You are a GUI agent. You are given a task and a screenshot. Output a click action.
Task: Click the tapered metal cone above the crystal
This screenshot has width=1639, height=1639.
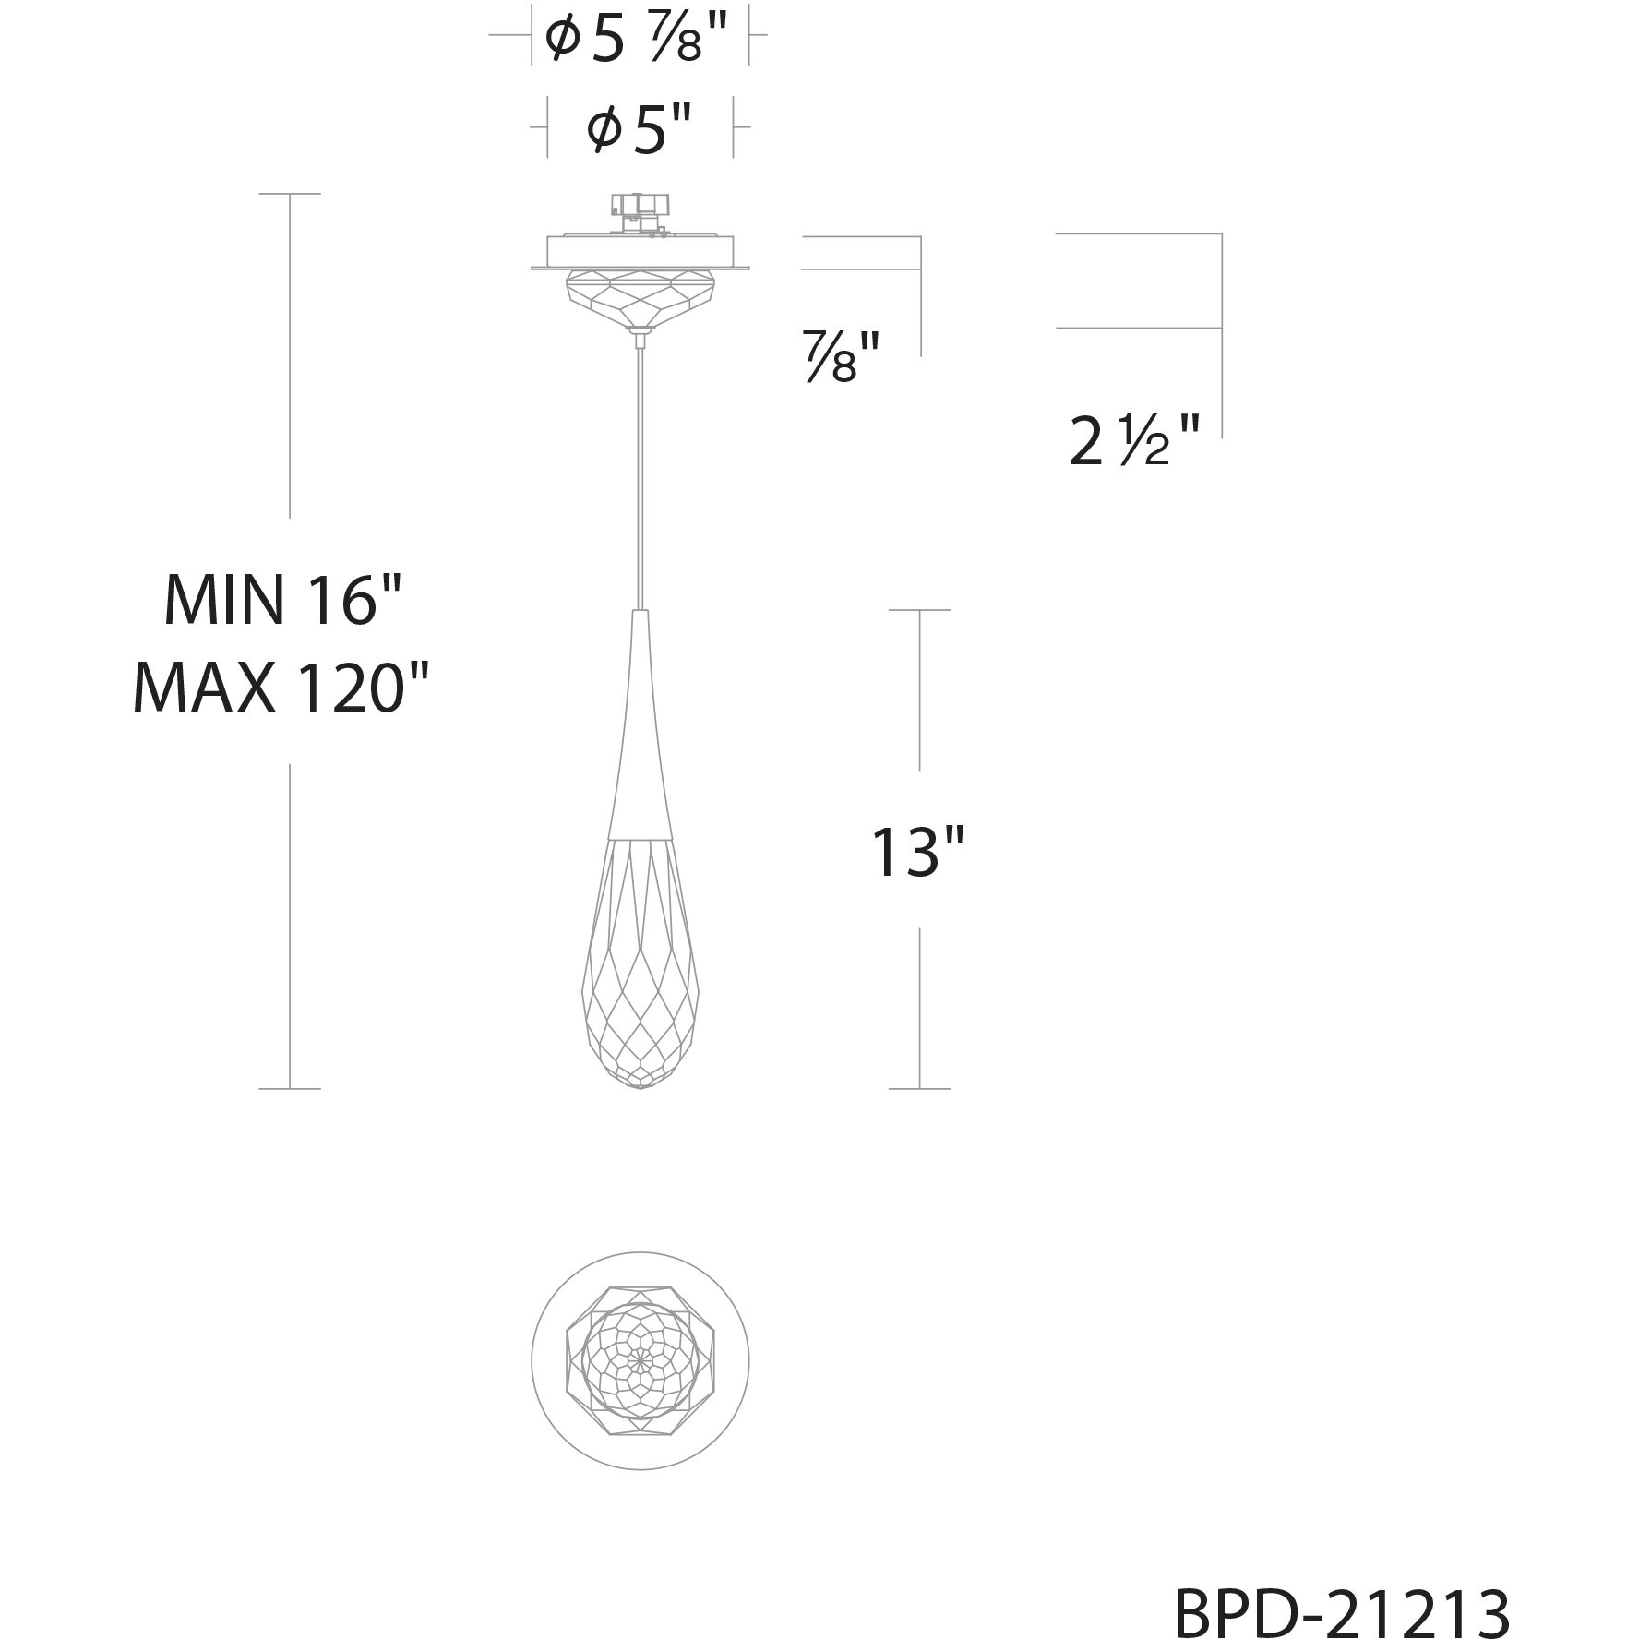tap(639, 729)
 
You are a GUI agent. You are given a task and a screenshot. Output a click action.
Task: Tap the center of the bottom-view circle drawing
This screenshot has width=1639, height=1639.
tap(640, 1361)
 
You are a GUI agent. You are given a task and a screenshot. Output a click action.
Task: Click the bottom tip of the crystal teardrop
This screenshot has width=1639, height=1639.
tap(640, 1087)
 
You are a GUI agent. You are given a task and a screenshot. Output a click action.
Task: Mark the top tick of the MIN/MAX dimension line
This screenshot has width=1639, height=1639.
tap(290, 194)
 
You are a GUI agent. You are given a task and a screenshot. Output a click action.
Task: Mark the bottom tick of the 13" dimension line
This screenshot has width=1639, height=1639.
tap(919, 1089)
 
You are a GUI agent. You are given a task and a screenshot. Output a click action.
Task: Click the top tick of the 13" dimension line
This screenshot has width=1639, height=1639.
tap(919, 610)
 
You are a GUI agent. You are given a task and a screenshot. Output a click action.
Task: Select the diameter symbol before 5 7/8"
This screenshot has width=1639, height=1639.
tap(561, 40)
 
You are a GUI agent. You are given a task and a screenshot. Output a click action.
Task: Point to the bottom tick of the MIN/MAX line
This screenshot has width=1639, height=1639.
tap(290, 1089)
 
